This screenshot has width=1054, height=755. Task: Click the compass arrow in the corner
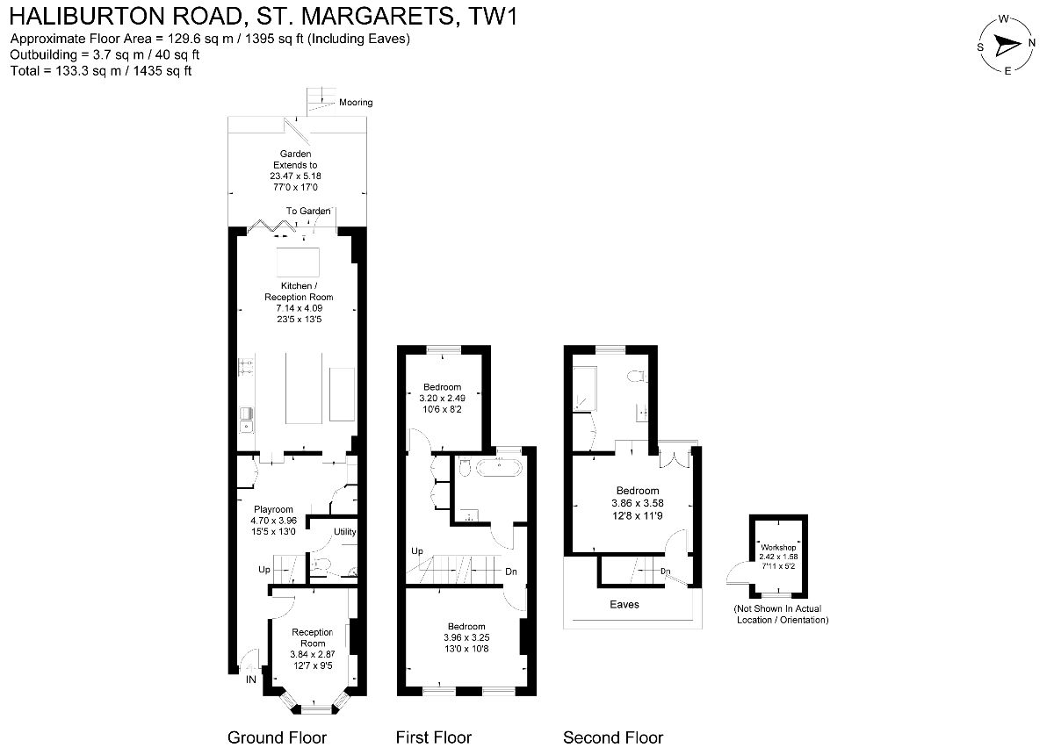[x=1007, y=46]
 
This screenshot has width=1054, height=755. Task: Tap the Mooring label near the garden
[x=356, y=103]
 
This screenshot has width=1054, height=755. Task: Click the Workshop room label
[x=778, y=548]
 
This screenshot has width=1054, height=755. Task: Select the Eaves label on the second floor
[x=624, y=605]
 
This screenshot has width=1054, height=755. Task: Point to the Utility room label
[x=345, y=531]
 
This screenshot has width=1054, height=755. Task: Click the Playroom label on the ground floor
[x=273, y=509]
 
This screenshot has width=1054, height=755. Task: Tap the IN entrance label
[x=251, y=679]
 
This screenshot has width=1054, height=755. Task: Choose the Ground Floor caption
[x=278, y=737]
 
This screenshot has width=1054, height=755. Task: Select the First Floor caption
[x=433, y=737]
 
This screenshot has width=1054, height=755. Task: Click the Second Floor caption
[x=613, y=737]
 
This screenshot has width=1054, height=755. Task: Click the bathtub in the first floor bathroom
[x=499, y=467]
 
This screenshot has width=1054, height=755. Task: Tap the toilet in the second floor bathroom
[x=636, y=377]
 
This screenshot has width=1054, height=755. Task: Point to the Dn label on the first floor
[x=511, y=572]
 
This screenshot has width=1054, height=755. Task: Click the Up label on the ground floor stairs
[x=264, y=570]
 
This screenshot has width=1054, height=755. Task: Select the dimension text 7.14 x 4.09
[x=300, y=308]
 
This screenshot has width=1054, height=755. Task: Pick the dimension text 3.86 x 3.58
[x=638, y=503]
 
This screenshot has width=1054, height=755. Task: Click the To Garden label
[x=308, y=212]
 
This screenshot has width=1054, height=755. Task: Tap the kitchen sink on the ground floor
[x=246, y=420]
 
